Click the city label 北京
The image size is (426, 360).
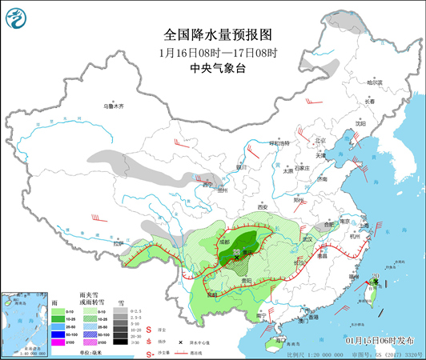[322, 140]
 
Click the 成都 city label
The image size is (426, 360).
[222, 241]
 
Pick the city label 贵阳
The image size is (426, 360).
[247, 281]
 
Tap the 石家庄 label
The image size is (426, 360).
[301, 169]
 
